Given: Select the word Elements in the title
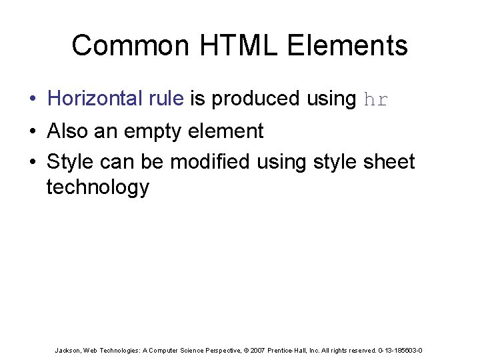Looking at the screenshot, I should [x=347, y=46].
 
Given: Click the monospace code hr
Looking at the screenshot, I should [x=376, y=100].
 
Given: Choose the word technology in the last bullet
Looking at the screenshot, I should [x=98, y=188].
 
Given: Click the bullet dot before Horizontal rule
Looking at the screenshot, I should [x=32, y=99].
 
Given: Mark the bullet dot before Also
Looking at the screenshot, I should [x=32, y=132].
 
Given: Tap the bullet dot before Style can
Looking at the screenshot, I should [x=32, y=162].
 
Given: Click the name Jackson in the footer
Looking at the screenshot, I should [x=69, y=350].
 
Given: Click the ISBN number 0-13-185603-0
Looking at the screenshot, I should [x=400, y=350].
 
